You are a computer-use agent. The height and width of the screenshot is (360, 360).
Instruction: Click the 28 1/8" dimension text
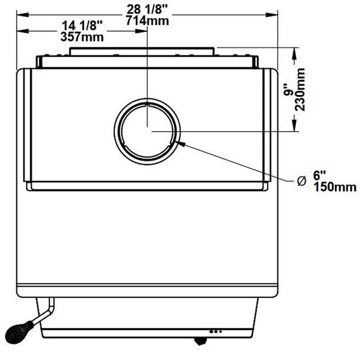[x=147, y=8]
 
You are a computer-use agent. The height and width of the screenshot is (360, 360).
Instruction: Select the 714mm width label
[x=147, y=20]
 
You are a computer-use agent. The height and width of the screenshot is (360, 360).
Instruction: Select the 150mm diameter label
[x=336, y=187]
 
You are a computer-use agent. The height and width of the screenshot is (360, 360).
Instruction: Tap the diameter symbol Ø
[x=302, y=181]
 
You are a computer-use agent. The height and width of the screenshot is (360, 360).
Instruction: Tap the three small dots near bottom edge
[x=216, y=331]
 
